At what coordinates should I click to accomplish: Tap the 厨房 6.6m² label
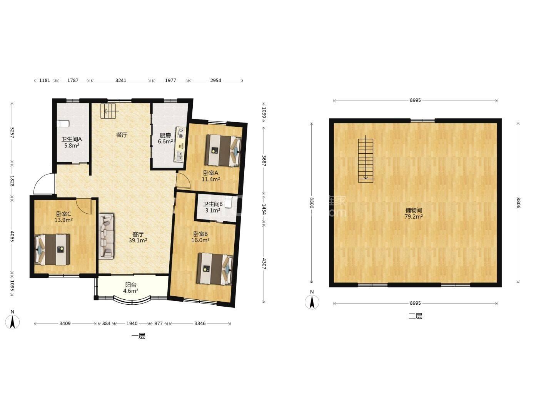click(165, 138)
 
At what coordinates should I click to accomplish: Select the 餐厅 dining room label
click(122, 135)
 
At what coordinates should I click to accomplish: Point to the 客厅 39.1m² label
click(138, 237)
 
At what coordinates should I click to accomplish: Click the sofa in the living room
click(106, 236)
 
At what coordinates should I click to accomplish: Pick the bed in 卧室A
click(223, 150)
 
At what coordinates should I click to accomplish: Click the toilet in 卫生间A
click(63, 124)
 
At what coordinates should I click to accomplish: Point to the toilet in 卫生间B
click(228, 202)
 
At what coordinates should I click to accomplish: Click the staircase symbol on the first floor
click(108, 111)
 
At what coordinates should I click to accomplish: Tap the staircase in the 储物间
click(365, 159)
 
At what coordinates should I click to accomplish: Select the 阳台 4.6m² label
click(131, 288)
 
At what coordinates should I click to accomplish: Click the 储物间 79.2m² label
click(414, 213)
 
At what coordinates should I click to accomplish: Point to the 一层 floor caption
click(138, 336)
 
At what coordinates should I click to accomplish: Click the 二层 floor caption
click(415, 316)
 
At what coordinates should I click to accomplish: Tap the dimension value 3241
click(121, 81)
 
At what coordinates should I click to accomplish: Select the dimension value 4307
click(264, 264)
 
